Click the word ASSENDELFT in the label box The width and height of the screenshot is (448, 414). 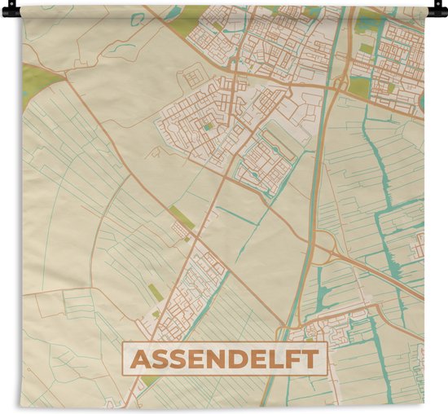click(x=225, y=359)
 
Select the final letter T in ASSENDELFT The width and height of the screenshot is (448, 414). click(x=312, y=359)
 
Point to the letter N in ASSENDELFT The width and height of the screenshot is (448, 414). click(x=208, y=359)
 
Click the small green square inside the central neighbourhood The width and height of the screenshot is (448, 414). click(x=209, y=127)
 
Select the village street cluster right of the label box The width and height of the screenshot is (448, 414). click(x=334, y=327)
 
